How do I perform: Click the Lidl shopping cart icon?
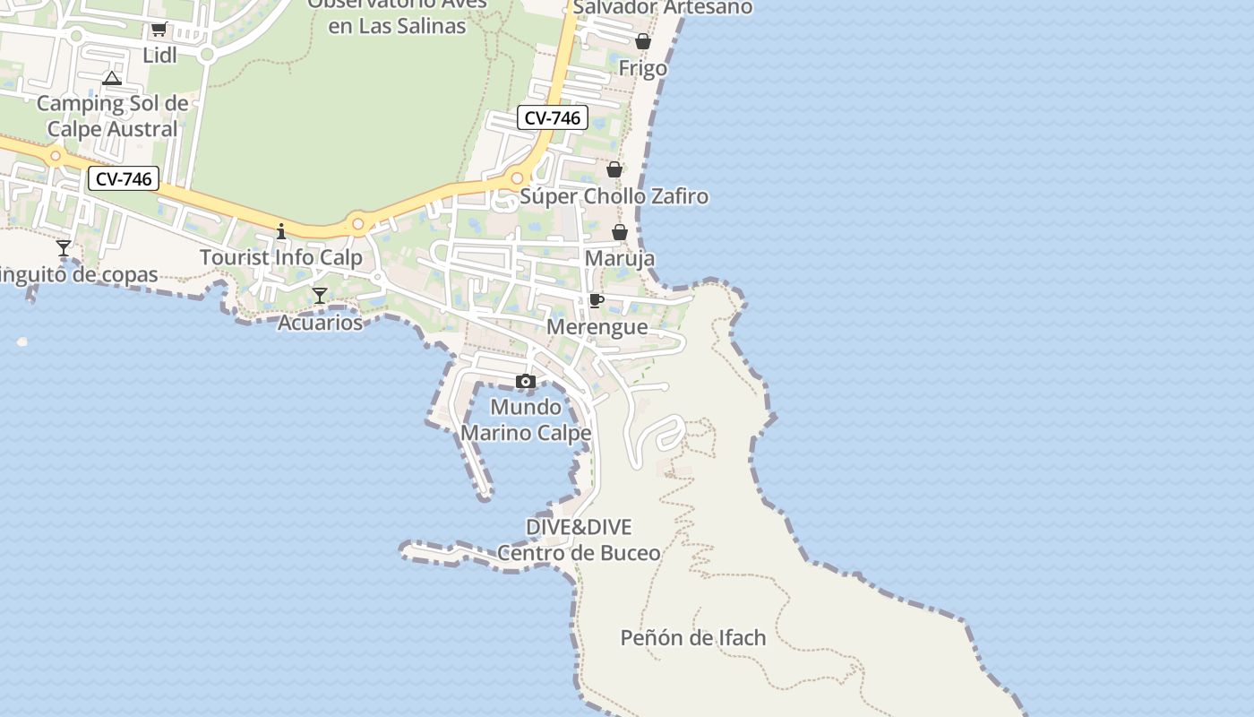point(159,29)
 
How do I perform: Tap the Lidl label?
point(159,56)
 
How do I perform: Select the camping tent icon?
point(111,79)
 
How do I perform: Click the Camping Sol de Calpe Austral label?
point(113,117)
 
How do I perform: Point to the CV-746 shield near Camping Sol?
point(124,179)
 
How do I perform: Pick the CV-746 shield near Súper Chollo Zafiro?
point(553,117)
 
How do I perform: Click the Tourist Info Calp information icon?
point(281,232)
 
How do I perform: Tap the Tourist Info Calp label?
point(281,258)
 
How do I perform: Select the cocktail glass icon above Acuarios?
point(320,296)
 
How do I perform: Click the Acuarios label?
point(320,323)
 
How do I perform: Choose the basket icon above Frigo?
point(643,41)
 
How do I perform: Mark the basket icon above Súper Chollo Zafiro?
point(614,169)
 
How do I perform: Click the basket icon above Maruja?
point(620,233)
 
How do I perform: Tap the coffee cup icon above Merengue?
point(597,300)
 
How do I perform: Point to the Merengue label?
point(597,327)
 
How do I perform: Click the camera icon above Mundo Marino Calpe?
point(526,382)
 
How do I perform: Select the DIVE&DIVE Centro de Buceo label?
point(579,540)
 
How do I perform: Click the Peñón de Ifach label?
point(693,638)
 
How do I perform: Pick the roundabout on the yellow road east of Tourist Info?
point(358,224)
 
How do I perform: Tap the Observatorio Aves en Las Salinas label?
point(398,14)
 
